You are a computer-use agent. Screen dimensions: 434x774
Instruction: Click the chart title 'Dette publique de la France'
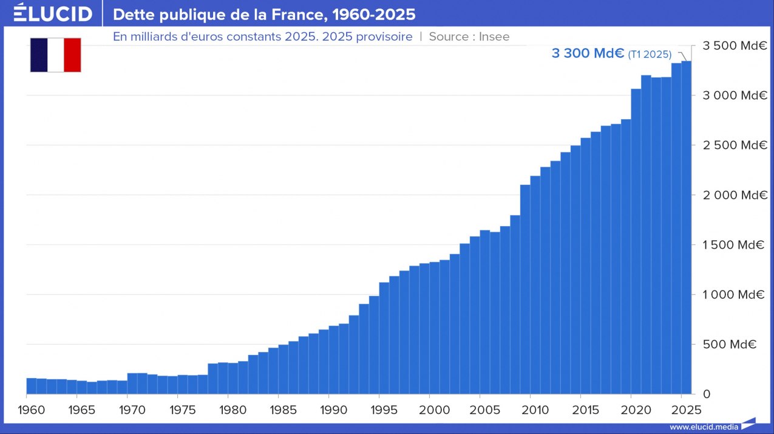click(264, 14)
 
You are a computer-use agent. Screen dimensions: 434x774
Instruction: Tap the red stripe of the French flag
click(72, 55)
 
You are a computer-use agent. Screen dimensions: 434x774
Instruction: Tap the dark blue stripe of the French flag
click(38, 55)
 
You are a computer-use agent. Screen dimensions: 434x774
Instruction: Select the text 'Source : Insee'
click(469, 36)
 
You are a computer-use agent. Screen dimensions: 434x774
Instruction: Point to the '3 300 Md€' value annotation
click(588, 53)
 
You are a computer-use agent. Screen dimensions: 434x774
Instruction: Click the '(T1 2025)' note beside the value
click(650, 55)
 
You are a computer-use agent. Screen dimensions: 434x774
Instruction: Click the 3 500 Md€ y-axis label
click(735, 46)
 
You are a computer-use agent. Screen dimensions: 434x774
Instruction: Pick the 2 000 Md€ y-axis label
click(735, 195)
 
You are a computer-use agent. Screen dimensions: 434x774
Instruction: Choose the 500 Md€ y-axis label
click(730, 345)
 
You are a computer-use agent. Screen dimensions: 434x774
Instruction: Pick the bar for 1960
click(32, 386)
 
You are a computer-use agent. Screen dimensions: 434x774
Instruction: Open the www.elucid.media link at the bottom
click(704, 427)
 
